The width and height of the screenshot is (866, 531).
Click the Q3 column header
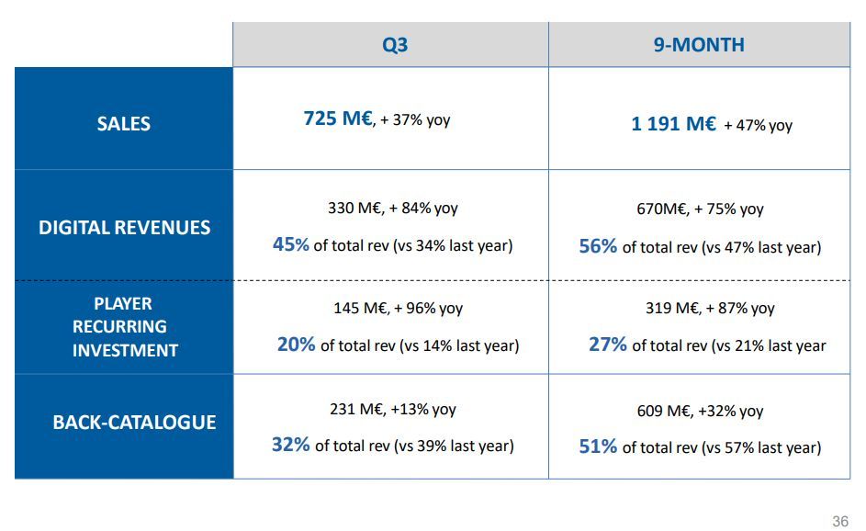click(395, 45)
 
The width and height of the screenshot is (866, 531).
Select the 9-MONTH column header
click(699, 45)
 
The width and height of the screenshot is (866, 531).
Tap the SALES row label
click(123, 123)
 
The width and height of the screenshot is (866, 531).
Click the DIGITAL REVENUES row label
click(124, 228)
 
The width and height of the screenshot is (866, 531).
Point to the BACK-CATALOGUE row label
click(134, 423)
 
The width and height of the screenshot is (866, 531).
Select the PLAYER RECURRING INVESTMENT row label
click(125, 327)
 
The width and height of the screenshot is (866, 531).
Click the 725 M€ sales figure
click(337, 119)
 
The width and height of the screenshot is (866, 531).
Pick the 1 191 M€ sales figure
click(673, 123)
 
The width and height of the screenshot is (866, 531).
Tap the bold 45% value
click(290, 244)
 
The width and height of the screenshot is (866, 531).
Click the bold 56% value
click(598, 246)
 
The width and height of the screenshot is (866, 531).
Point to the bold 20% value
click(296, 345)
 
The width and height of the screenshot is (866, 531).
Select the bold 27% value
click(607, 345)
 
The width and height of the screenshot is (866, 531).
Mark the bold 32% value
click(290, 445)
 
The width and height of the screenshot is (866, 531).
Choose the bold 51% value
click(598, 446)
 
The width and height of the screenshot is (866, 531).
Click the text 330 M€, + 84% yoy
click(392, 209)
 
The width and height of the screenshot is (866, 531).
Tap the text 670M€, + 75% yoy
click(700, 209)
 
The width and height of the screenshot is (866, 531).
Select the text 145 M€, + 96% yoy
click(398, 309)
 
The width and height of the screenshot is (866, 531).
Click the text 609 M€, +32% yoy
click(700, 412)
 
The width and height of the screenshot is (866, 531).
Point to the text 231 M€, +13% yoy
click(392, 410)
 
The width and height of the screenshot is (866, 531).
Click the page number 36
click(839, 522)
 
